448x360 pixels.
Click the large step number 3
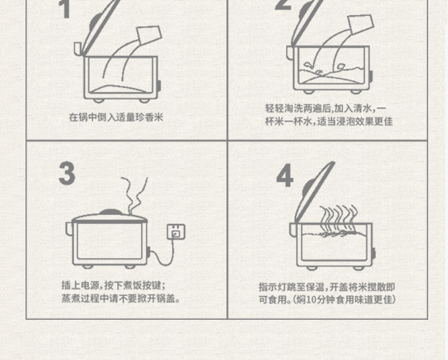(x=67, y=173)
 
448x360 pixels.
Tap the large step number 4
(x=285, y=175)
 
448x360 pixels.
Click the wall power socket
(x=176, y=232)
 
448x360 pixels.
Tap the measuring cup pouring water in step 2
(x=361, y=24)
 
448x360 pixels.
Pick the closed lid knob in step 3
(x=110, y=212)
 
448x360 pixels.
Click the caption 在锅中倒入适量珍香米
(x=116, y=117)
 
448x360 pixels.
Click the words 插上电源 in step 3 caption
(x=81, y=285)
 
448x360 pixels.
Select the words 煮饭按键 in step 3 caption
(x=142, y=285)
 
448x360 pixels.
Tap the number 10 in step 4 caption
(x=311, y=300)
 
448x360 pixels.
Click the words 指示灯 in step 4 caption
(x=273, y=287)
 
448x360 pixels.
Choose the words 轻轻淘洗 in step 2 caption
(x=284, y=109)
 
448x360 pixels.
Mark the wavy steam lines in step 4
(x=339, y=219)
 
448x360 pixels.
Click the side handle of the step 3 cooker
(x=69, y=228)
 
